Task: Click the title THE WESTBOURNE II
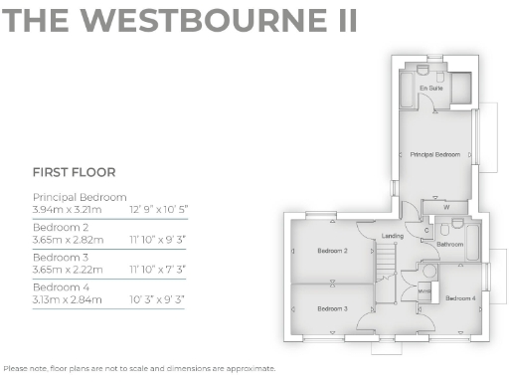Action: coord(179,21)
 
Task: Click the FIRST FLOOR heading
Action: coord(74,171)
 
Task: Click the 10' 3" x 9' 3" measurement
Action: coord(157,298)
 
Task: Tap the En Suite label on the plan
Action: coord(430,89)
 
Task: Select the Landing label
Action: coord(392,236)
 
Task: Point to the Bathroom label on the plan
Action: coord(450,244)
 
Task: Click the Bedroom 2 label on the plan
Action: coord(331,251)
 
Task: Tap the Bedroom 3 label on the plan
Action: coord(331,309)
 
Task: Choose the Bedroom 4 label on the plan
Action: coord(459,298)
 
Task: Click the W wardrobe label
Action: coord(446,207)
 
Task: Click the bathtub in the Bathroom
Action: coord(472,239)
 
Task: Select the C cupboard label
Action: coord(426,230)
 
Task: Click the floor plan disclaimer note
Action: coord(138,368)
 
